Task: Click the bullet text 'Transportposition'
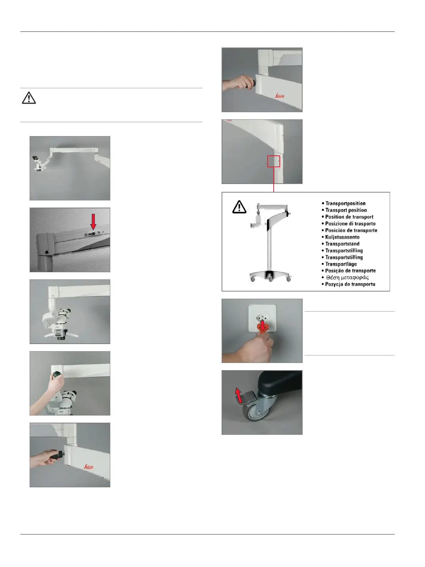(x=345, y=203)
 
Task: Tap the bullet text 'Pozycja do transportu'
(x=350, y=284)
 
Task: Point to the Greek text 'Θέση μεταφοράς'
(x=347, y=278)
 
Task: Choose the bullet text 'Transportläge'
(x=341, y=264)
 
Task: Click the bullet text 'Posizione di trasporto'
(x=350, y=223)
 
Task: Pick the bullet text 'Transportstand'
(x=342, y=244)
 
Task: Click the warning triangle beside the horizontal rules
(x=29, y=98)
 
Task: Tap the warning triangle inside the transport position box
(x=239, y=207)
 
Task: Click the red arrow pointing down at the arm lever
(x=93, y=222)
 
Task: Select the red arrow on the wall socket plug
(x=262, y=325)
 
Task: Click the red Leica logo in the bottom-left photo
(x=88, y=467)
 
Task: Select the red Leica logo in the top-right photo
(x=279, y=96)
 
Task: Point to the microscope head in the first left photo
(x=38, y=163)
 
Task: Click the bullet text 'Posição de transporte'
(x=350, y=271)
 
